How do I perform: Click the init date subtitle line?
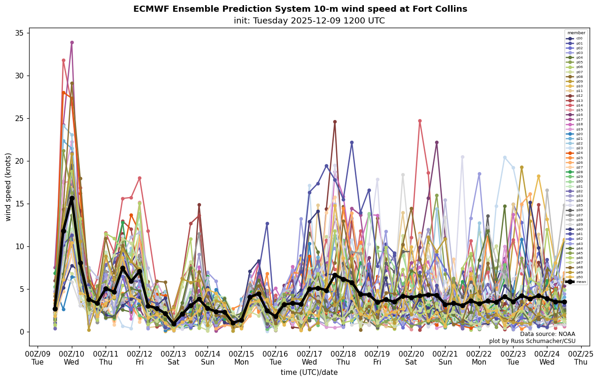(x=309, y=21)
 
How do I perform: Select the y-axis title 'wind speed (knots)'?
(x=8, y=187)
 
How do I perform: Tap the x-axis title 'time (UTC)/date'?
(x=309, y=373)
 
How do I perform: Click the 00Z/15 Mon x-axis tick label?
(x=241, y=358)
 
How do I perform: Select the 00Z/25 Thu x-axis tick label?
(x=581, y=358)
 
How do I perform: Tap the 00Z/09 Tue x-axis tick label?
(x=38, y=358)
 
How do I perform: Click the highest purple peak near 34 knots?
(x=72, y=43)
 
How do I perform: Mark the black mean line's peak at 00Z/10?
(x=72, y=198)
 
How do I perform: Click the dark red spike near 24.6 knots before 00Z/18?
(x=335, y=122)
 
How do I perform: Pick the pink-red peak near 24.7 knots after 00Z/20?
(x=420, y=121)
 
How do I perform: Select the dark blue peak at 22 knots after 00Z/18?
(x=352, y=143)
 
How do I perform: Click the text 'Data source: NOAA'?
(x=547, y=334)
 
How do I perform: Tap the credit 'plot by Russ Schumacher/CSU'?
(x=532, y=341)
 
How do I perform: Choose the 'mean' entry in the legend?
(x=581, y=282)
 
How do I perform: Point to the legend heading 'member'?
(x=576, y=33)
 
